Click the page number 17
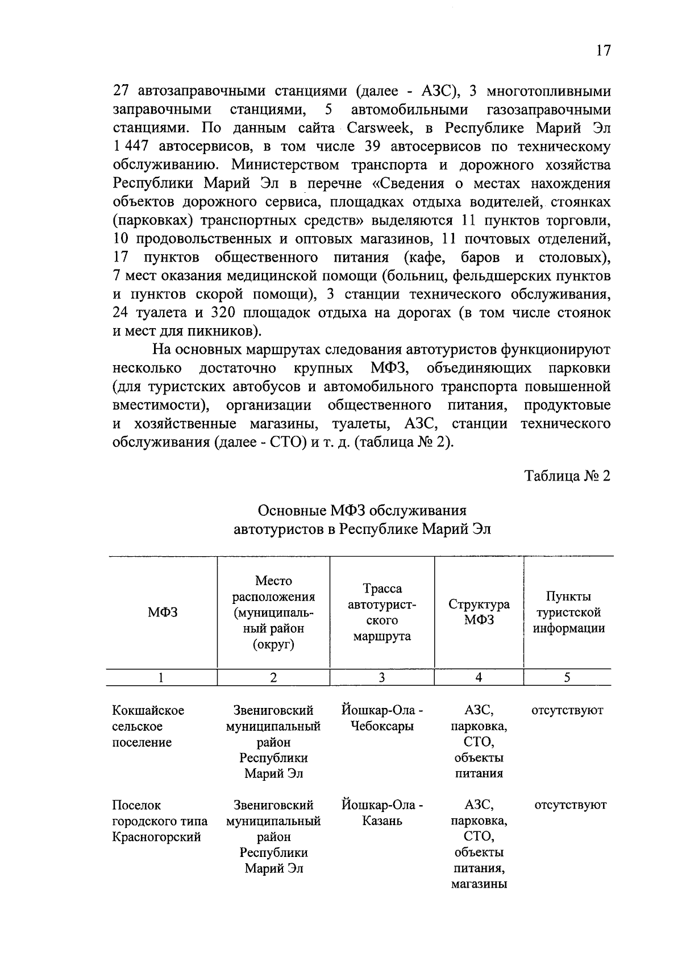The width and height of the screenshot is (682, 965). pos(603,51)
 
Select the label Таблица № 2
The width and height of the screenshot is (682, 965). pos(567,476)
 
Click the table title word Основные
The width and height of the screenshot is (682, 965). pos(292,510)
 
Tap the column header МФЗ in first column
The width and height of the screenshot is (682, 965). pos(163,612)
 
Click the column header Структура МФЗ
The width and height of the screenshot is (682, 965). pos(479,612)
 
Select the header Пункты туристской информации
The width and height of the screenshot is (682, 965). pos(568,612)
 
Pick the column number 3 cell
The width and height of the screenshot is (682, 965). pos(382,677)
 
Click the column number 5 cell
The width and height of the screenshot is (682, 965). pos(567,677)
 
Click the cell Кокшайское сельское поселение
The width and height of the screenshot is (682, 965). pos(148,726)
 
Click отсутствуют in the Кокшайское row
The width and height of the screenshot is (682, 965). pos(567,710)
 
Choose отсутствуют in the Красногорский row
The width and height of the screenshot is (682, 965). pos(570,805)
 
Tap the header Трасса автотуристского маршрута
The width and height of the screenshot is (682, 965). pos(382,612)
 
